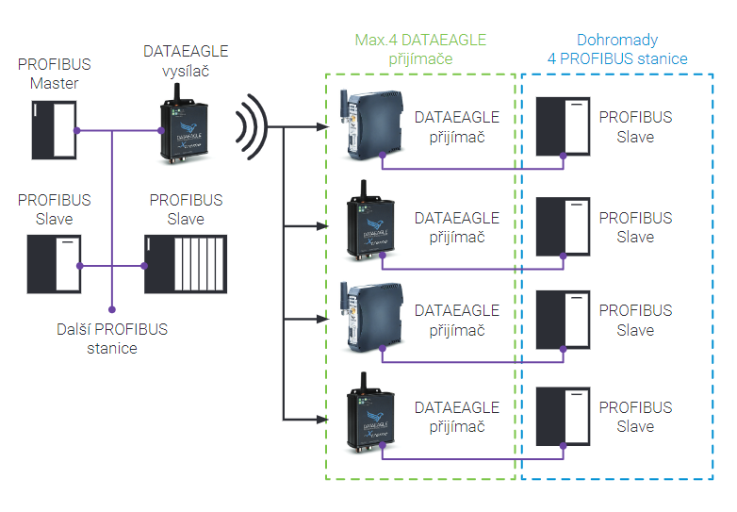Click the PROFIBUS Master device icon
54,129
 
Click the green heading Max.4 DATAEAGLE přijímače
421,50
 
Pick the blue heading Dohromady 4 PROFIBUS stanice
617,50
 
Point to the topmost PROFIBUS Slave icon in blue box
562,127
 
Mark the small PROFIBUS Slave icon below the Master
54,265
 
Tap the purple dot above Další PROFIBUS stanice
113,307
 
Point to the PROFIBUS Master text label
55,74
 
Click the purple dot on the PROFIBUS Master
79,130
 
